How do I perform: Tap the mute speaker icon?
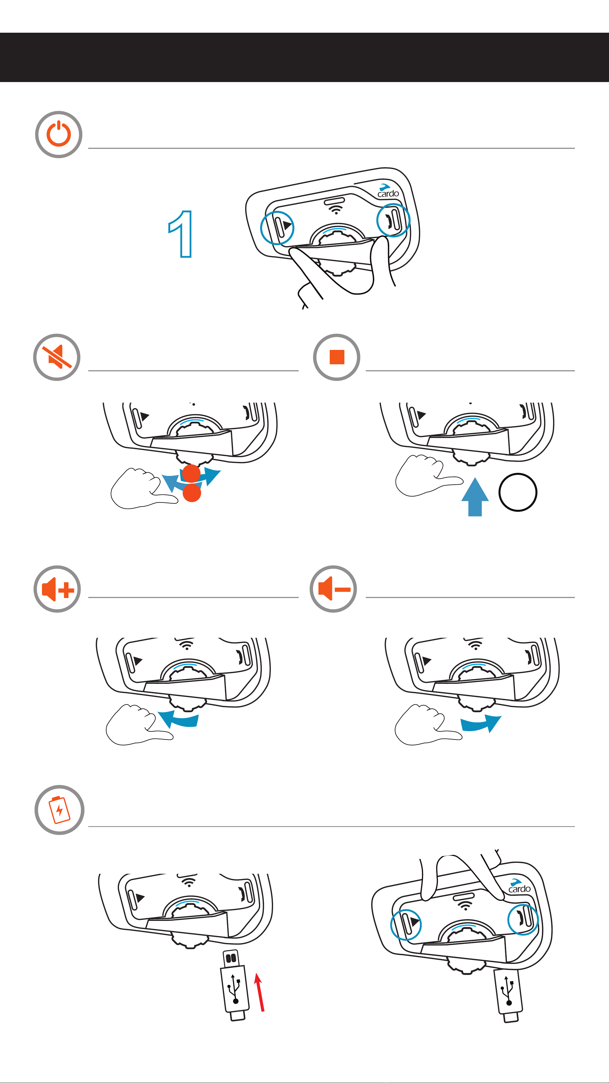point(57,357)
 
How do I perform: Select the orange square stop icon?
point(337,357)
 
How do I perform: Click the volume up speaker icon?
point(57,589)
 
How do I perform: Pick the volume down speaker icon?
point(333,589)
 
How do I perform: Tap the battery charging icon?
point(59,810)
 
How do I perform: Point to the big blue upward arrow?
point(475,497)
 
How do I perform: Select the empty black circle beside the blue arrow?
point(518,492)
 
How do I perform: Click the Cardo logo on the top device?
point(387,191)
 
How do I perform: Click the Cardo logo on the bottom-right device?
point(519,886)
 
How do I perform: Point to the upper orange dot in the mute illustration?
point(191,473)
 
